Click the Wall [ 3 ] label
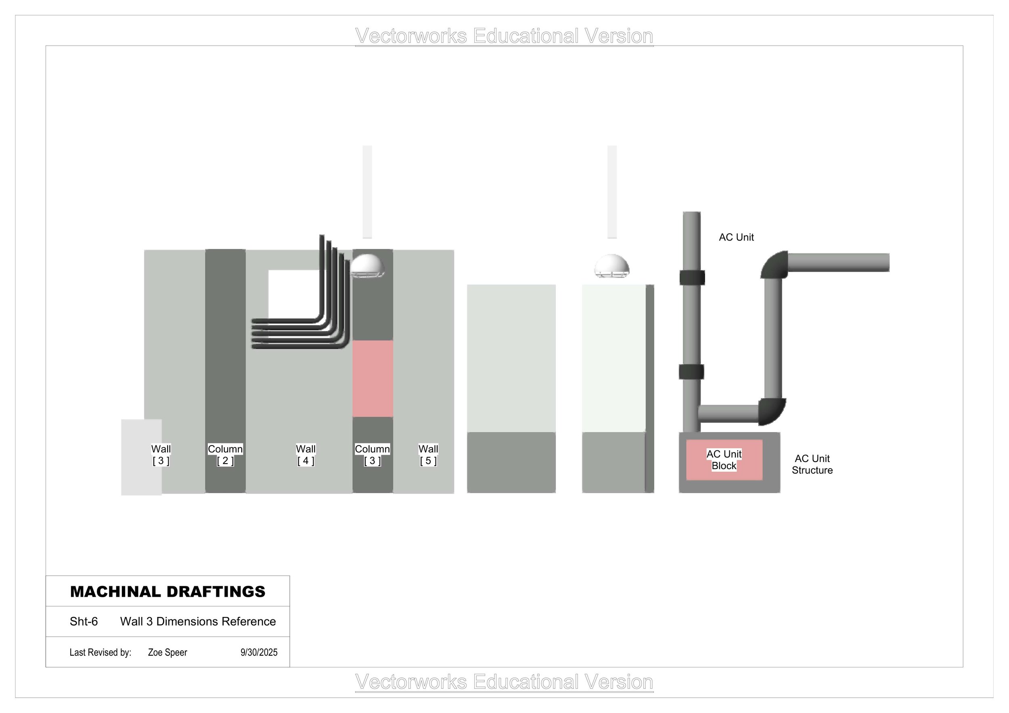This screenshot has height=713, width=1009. pyautogui.click(x=161, y=455)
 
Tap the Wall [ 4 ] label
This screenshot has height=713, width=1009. pyautogui.click(x=306, y=455)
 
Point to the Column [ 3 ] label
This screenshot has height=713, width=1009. pyautogui.click(x=372, y=455)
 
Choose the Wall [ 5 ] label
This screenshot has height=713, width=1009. pyautogui.click(x=428, y=455)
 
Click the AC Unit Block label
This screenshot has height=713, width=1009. pyautogui.click(x=724, y=460)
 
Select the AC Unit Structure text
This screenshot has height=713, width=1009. pyautogui.click(x=812, y=464)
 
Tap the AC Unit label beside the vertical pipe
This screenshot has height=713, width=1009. pyautogui.click(x=736, y=237)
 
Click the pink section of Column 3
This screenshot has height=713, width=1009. pyautogui.click(x=373, y=378)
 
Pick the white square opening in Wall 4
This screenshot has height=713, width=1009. pyautogui.click(x=293, y=293)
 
